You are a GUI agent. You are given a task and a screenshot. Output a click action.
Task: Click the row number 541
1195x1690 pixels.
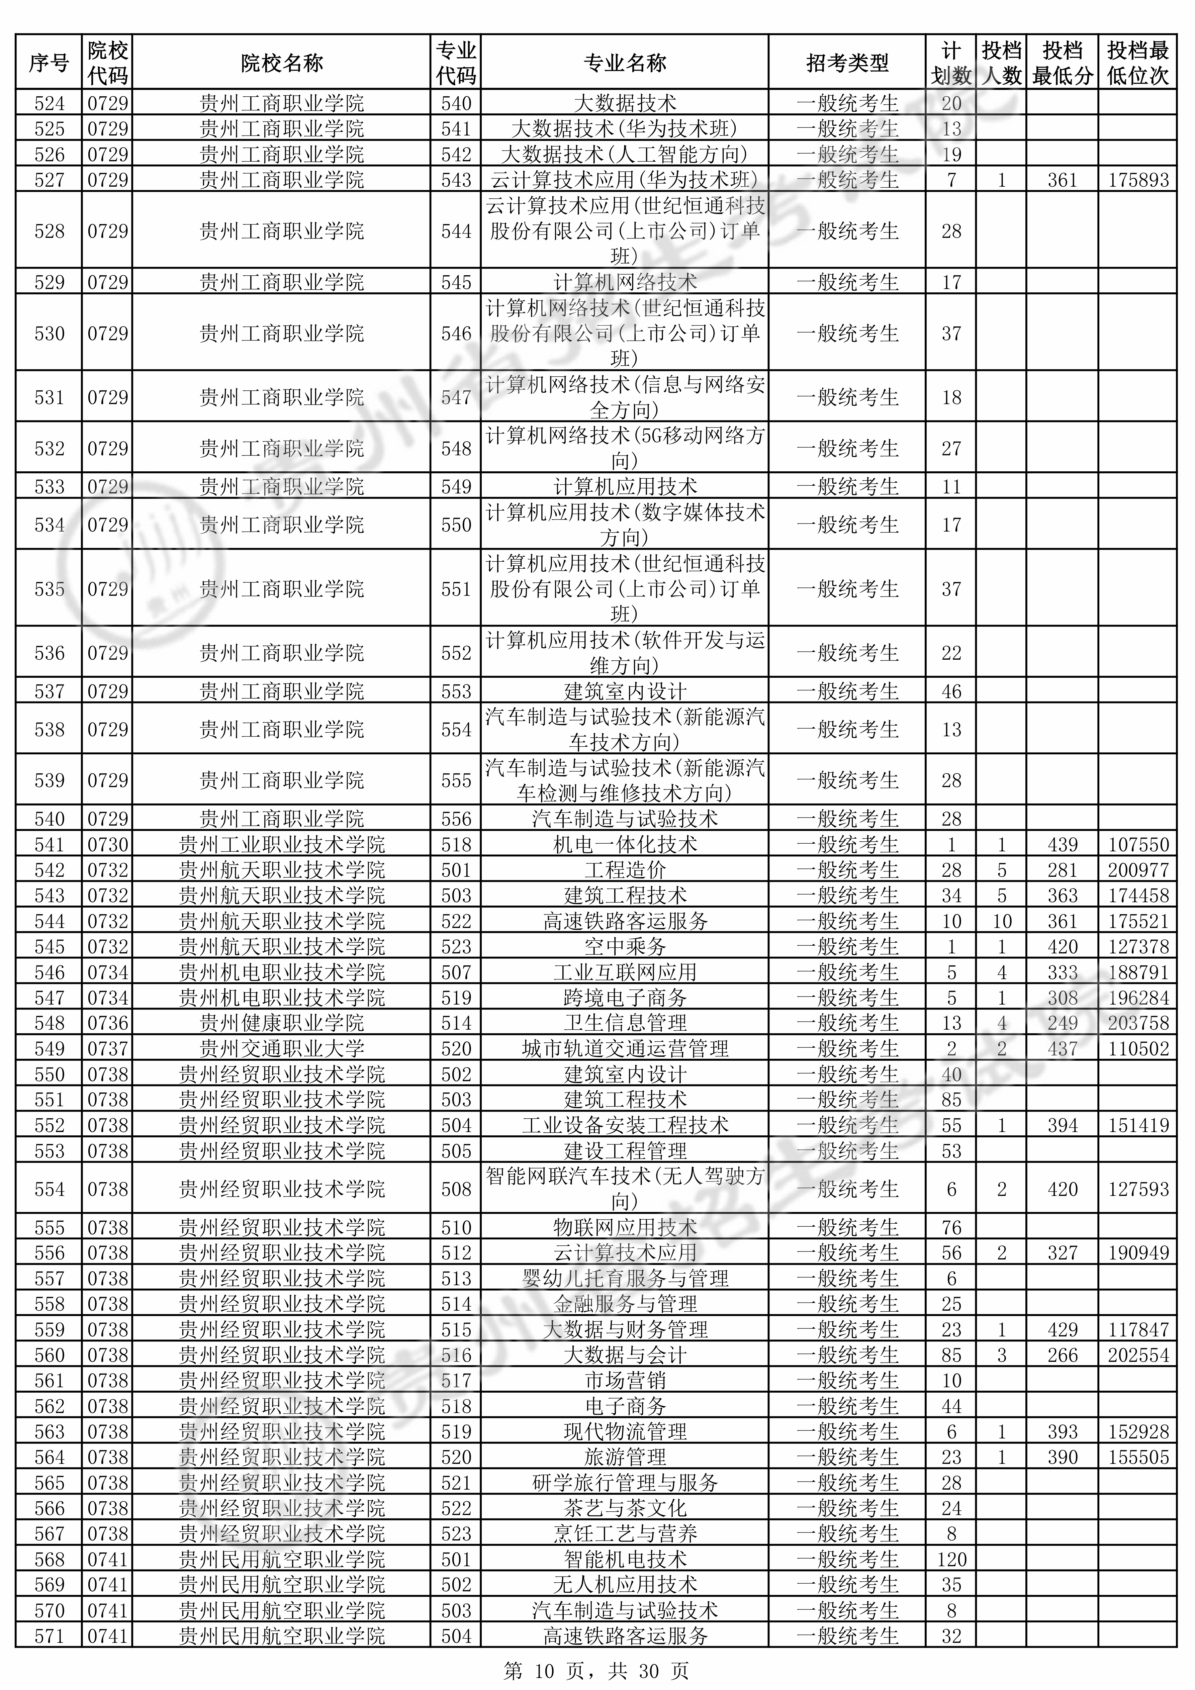(49, 844)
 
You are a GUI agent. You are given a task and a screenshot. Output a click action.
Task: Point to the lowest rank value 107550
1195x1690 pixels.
(1137, 844)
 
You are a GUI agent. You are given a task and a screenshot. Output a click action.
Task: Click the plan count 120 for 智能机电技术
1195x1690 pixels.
(951, 1559)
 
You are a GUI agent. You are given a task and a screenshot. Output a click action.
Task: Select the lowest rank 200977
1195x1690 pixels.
(1137, 870)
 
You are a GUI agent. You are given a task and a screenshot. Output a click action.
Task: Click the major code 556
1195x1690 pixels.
(456, 819)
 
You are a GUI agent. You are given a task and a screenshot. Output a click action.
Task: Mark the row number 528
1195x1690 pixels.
(49, 231)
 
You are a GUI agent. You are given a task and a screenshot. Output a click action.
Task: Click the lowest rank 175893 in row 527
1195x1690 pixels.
(1137, 180)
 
